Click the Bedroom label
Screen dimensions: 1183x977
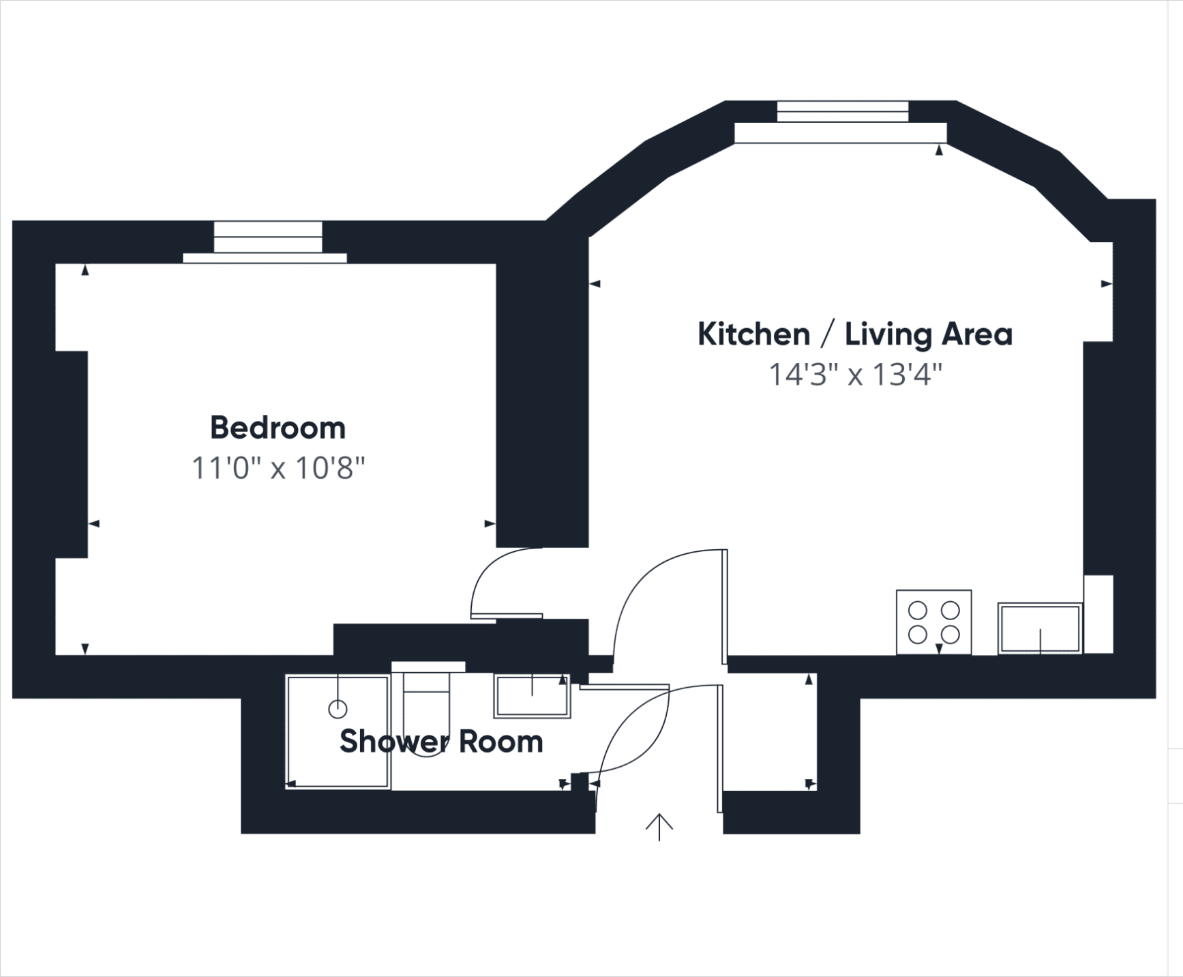pos(278,428)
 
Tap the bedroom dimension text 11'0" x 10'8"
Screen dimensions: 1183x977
pos(278,469)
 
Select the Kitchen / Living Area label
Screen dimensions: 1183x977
pos(855,335)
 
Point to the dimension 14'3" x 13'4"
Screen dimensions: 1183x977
pos(856,375)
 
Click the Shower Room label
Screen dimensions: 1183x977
pos(441,742)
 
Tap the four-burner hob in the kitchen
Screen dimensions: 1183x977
pos(933,622)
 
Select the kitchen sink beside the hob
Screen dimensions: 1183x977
pos(1040,628)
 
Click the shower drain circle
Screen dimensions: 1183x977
pos(338,709)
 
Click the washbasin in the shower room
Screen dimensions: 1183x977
pos(532,696)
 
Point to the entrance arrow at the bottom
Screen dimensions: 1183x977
pos(659,827)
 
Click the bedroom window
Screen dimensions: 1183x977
pos(266,242)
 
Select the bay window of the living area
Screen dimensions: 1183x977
pos(841,122)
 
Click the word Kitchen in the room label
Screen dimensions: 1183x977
pos(753,334)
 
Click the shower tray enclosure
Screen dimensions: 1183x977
pos(338,732)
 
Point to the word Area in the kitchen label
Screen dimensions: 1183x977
pos(977,334)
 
